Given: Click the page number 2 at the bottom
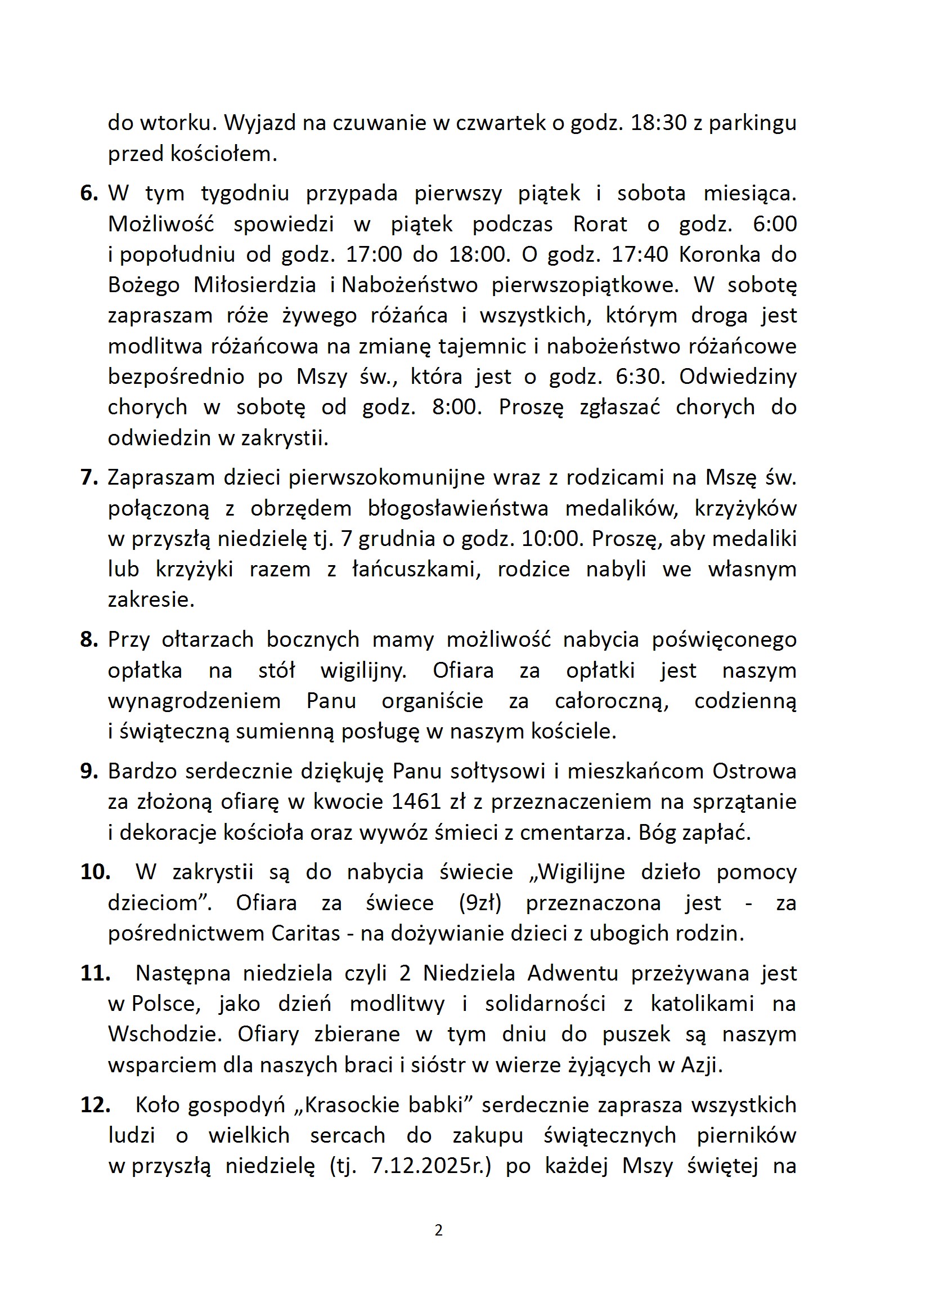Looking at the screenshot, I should click(x=438, y=1230).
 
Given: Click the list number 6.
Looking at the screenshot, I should click(x=89, y=193).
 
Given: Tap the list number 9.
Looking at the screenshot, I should click(x=89, y=772).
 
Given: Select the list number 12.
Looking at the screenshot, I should click(x=95, y=1104).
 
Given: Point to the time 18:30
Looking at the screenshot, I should click(x=658, y=123).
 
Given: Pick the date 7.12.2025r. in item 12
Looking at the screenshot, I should click(x=431, y=1166).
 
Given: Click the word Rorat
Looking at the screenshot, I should click(x=600, y=224).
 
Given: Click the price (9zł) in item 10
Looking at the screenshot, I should click(x=480, y=903).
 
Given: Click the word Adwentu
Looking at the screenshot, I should click(x=572, y=973).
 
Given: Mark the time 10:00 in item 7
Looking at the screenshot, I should click(x=552, y=539).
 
